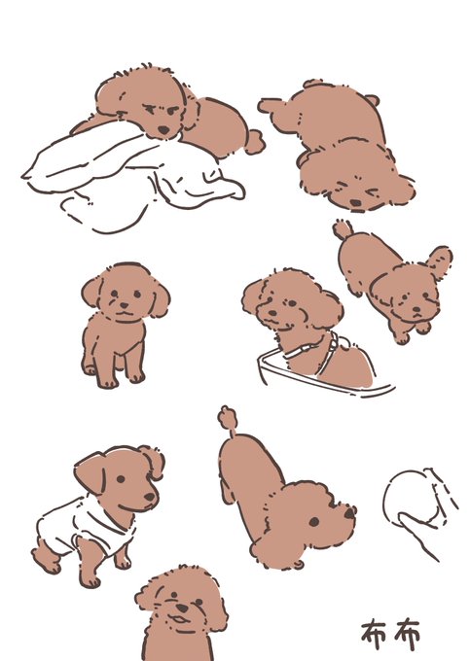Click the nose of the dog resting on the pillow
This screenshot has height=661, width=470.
pyautogui.click(x=164, y=130)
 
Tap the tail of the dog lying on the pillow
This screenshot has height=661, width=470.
pyautogui.click(x=254, y=141)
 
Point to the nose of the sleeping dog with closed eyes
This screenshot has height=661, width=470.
pyautogui.click(x=356, y=203)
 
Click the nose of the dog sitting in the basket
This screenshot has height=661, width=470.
pyautogui.click(x=272, y=313)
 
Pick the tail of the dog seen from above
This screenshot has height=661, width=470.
pyautogui.click(x=343, y=229)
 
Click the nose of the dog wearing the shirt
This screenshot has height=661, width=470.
pyautogui.click(x=150, y=497)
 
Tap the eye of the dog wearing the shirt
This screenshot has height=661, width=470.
pyautogui.click(x=121, y=479)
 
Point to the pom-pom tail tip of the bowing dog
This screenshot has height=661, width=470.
pyautogui.click(x=228, y=417)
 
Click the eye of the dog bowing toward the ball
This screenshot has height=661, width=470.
pyautogui.click(x=314, y=522)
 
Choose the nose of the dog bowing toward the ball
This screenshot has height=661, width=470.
pyautogui.click(x=350, y=512)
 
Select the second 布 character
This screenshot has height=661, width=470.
pyautogui.click(x=407, y=635)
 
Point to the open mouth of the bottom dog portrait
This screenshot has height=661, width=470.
pyautogui.click(x=178, y=620)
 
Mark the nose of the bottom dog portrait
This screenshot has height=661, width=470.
pyautogui.click(x=182, y=608)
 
